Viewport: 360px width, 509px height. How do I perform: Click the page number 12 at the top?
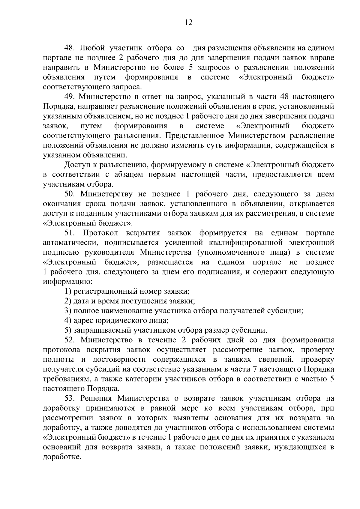[x=189, y=23]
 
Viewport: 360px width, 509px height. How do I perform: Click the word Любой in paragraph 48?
[x=93, y=48]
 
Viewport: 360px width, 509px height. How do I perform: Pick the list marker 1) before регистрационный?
[x=68, y=292]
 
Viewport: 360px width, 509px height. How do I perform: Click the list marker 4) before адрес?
[x=68, y=321]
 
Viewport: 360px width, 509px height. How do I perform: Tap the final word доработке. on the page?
[x=62, y=458]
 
